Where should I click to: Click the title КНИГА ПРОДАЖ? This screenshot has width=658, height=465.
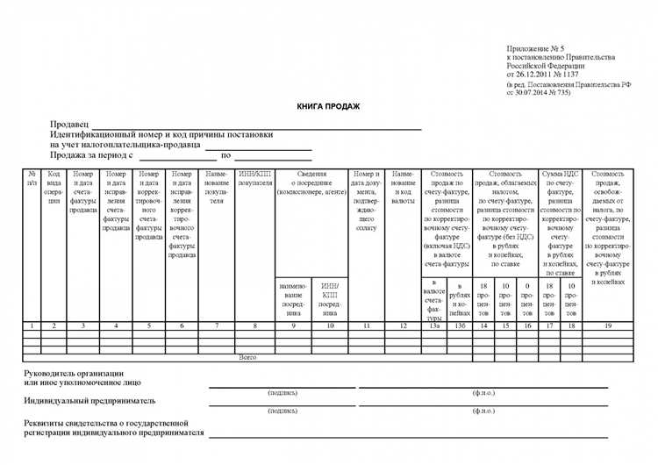pos(328,106)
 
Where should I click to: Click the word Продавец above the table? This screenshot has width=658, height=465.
pos(70,125)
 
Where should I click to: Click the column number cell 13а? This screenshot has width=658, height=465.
pos(434,326)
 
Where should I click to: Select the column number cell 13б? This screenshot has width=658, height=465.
pos(459,326)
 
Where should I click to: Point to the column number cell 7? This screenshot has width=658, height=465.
pos(217,326)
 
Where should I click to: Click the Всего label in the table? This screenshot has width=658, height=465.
pos(247,358)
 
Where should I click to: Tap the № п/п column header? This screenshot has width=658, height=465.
pos(32,179)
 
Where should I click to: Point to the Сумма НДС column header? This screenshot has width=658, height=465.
pos(560,174)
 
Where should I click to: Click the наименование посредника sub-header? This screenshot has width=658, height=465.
pos(292,299)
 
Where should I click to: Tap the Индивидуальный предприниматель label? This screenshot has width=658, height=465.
pos(90,400)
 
